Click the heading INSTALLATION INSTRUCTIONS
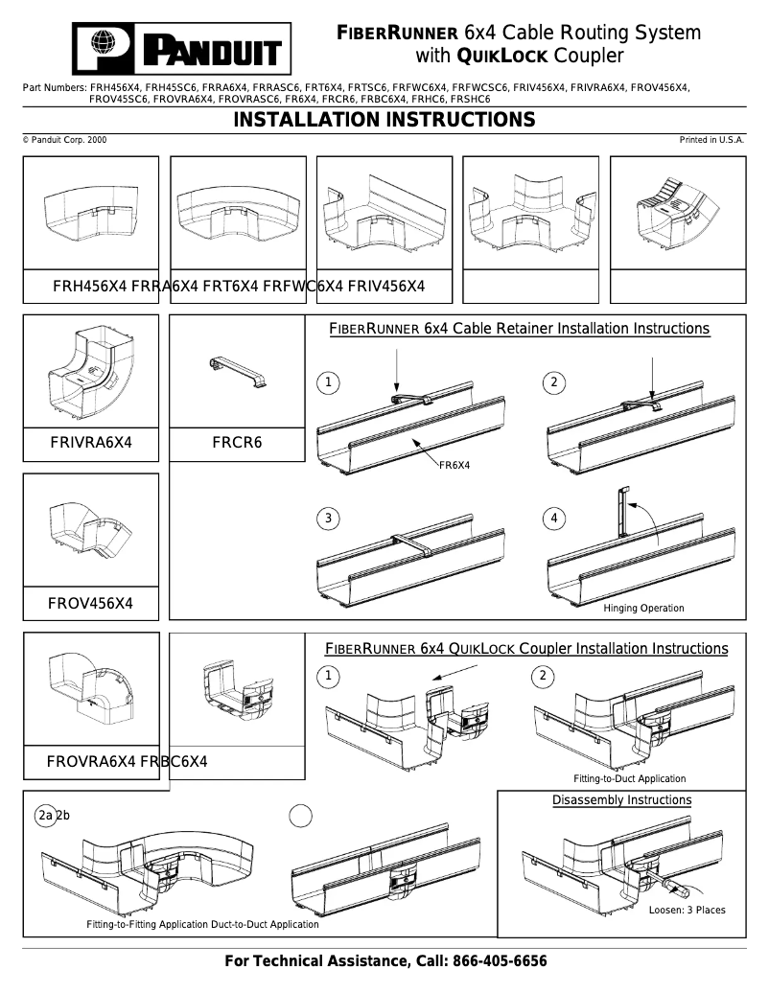(384, 120)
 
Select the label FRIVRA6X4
(91, 443)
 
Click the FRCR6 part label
(237, 443)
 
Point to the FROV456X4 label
(90, 604)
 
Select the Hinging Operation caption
(643, 609)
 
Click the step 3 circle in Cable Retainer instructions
(328, 519)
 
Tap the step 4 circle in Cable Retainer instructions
(554, 519)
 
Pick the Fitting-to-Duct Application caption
(629, 778)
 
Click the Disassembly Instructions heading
(621, 800)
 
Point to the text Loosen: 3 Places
(687, 910)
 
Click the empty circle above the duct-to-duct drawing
(301, 816)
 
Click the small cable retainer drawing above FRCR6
(236, 372)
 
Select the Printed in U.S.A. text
(711, 140)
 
